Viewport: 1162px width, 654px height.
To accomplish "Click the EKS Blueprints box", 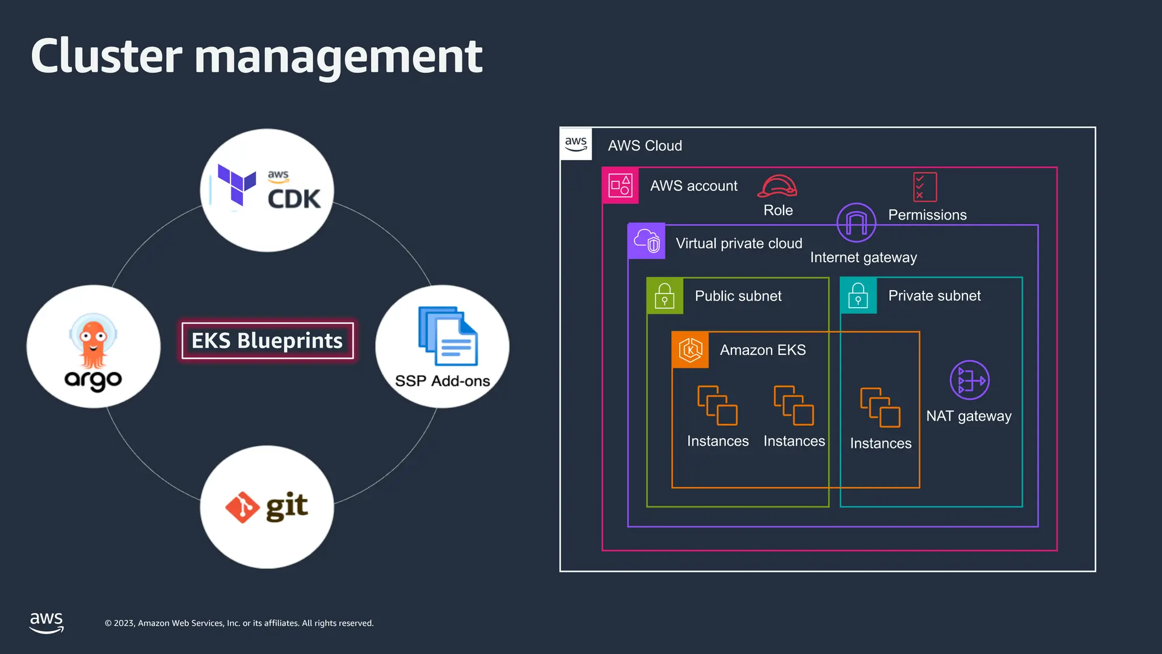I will [267, 341].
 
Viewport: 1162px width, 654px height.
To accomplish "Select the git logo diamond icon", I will [242, 507].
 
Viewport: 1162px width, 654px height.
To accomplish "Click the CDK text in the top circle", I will [294, 199].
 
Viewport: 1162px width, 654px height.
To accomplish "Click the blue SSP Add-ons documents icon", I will [448, 336].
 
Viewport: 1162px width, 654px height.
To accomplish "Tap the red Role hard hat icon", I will [777, 186].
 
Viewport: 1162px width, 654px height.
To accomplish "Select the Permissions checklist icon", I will [924, 187].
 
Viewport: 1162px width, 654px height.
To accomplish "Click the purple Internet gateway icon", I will [856, 223].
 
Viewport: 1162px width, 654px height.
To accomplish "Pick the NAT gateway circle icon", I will [969, 380].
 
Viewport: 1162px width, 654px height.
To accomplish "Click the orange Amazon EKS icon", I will [690, 350].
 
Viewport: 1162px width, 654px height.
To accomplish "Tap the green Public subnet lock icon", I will [664, 296].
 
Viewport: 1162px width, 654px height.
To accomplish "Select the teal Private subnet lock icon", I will [858, 296].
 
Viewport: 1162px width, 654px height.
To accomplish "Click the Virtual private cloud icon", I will [646, 241].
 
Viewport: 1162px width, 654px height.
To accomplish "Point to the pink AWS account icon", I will [620, 186].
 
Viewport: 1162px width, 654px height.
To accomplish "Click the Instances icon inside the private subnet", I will [880, 407].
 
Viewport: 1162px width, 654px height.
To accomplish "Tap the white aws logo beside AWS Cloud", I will [576, 144].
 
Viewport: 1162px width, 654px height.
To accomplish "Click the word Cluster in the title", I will [106, 56].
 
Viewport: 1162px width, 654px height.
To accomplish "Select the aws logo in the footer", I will [47, 622].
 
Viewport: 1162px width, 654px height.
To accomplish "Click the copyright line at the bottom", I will [239, 623].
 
